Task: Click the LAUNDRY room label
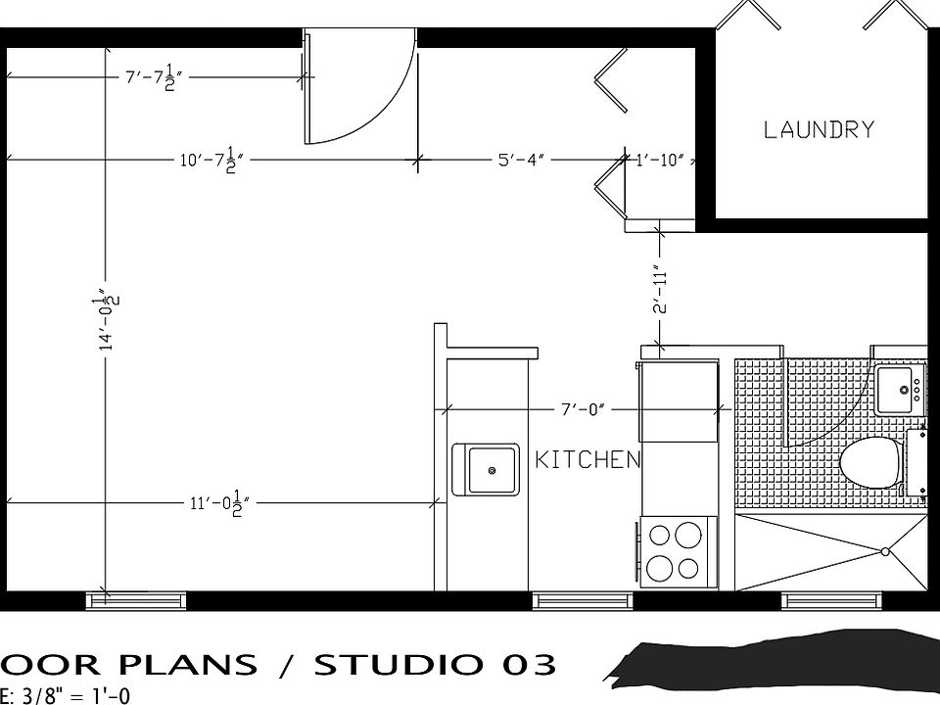point(818,129)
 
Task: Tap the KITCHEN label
point(587,460)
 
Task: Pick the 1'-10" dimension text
point(660,159)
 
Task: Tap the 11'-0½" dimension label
point(219,503)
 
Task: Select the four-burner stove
point(677,551)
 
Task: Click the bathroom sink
point(899,391)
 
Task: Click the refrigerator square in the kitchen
point(677,401)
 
